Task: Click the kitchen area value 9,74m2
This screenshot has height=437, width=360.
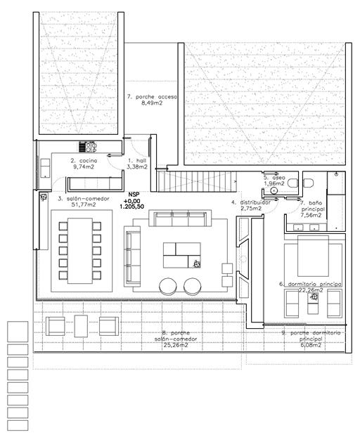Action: click(83, 168)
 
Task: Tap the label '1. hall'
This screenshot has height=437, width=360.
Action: click(136, 161)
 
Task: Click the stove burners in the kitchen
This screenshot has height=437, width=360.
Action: click(90, 147)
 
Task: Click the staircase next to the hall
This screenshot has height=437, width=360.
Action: click(195, 182)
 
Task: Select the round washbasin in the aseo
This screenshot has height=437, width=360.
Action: click(274, 190)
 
